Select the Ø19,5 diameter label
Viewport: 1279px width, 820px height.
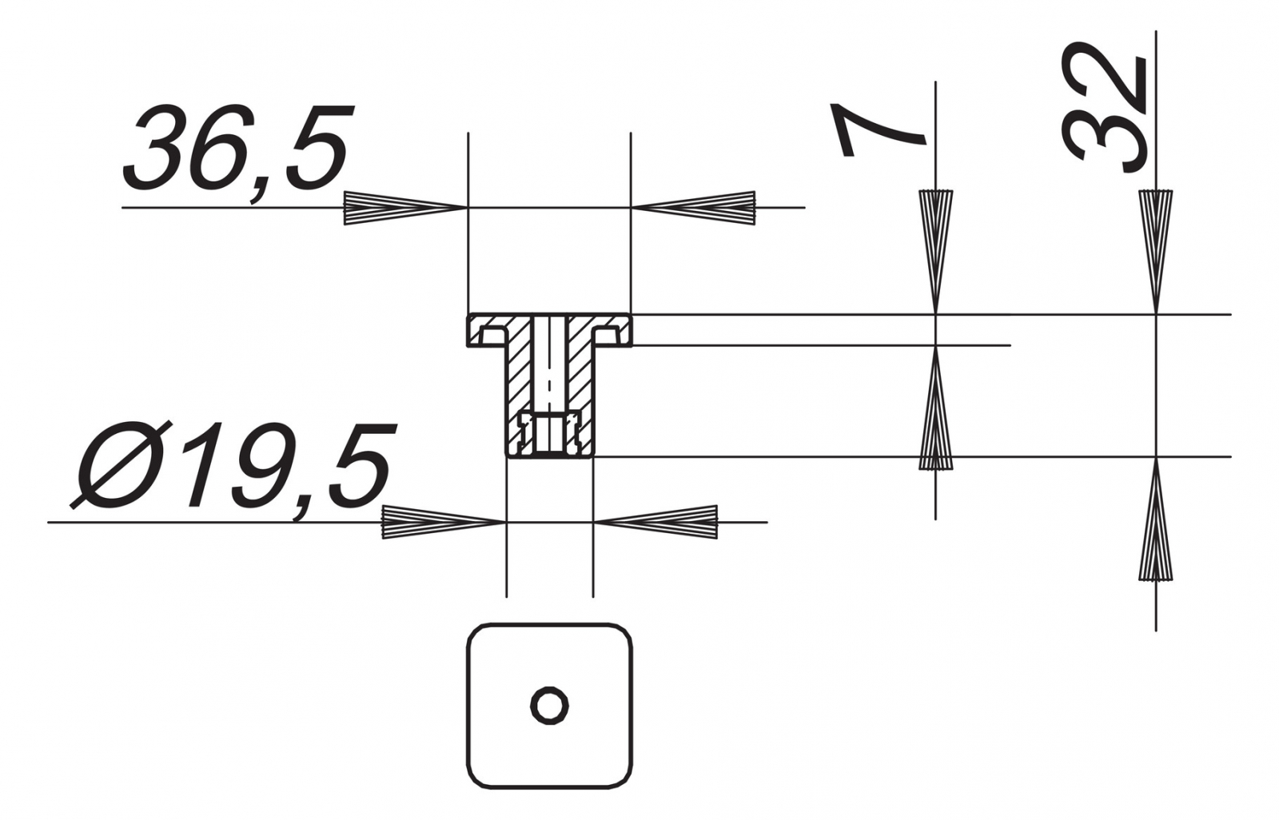[x=233, y=469]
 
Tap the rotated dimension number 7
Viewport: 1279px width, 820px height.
[x=880, y=130]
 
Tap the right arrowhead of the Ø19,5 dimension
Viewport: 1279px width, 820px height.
[x=655, y=522]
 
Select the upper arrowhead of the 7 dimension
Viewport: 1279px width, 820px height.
[x=936, y=251]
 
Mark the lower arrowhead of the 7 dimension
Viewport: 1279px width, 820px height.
[x=936, y=408]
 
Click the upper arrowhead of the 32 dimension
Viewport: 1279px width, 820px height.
[x=1156, y=251]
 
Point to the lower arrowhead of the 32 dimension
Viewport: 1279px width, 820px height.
[x=1156, y=519]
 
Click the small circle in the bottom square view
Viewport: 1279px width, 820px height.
[x=549, y=706]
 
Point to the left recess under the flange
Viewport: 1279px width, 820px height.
[x=492, y=335]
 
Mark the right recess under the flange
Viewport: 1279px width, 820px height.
[x=607, y=335]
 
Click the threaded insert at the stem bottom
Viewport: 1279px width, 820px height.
[x=549, y=434]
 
